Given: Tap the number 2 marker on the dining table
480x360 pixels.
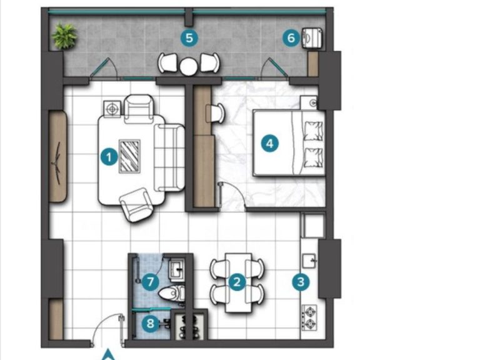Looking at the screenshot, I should (236, 282).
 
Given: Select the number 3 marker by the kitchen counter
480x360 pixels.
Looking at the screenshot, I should (301, 282).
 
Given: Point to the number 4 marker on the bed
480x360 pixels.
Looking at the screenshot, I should (269, 143).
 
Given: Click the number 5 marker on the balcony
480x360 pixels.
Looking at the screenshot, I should (189, 37).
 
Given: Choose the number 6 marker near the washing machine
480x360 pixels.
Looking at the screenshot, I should (290, 38).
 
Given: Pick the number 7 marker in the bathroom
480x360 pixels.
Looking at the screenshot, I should (149, 282).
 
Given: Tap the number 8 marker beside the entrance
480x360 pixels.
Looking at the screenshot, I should (149, 324).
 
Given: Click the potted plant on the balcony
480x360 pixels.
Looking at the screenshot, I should (64, 36).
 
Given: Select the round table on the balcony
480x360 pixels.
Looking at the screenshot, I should (189, 64).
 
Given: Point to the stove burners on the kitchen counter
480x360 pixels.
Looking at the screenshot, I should (309, 317).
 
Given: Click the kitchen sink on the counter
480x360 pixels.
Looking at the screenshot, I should (309, 258).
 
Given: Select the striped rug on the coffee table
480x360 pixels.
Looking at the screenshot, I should (129, 156).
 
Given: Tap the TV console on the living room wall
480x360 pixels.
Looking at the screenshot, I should (58, 156).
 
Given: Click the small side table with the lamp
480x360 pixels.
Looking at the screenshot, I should (112, 109).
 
